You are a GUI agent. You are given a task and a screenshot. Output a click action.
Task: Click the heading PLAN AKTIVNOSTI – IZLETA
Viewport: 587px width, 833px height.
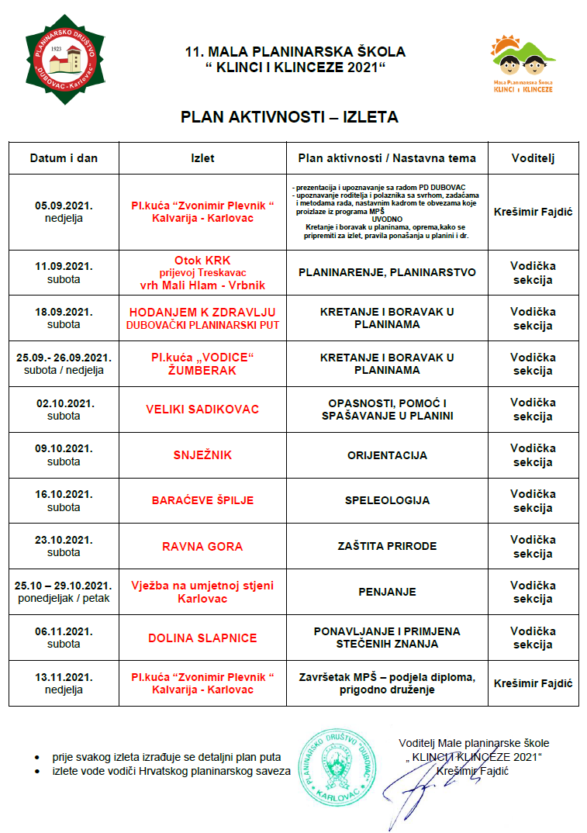coord(289,117)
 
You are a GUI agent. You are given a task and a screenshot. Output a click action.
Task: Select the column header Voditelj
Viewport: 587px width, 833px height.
coord(533,158)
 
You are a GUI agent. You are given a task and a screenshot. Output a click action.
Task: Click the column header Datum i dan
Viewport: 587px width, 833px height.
coord(64,158)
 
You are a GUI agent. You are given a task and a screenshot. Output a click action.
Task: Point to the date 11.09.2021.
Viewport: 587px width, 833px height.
coord(64,266)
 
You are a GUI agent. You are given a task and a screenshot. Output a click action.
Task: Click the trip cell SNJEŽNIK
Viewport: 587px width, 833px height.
coord(202,455)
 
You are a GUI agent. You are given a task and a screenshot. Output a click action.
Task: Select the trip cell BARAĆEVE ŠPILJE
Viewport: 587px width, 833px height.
coord(202,500)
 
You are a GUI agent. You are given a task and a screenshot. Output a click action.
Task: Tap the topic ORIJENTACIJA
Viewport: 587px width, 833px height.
coord(387,455)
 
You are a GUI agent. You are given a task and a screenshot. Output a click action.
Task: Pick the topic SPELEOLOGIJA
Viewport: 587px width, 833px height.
coord(387,500)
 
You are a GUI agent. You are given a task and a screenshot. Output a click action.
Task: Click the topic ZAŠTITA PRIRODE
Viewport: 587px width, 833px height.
coord(387,546)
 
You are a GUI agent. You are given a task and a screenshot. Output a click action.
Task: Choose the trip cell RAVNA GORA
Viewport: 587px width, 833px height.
coord(202,546)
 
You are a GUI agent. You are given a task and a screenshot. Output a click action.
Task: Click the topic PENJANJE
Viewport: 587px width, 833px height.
coord(387,592)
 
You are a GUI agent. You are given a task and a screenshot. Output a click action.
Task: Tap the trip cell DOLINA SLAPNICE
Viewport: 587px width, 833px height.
coord(202,638)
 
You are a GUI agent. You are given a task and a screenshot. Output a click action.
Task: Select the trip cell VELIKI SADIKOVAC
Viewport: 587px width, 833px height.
coord(202,409)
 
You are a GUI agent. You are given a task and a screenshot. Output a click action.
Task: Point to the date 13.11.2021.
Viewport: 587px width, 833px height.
coord(64,677)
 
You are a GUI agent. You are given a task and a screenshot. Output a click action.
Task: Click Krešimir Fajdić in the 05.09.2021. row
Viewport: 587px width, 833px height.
coord(533,211)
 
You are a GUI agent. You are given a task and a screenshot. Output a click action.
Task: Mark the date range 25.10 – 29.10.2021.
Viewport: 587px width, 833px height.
coord(64,585)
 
